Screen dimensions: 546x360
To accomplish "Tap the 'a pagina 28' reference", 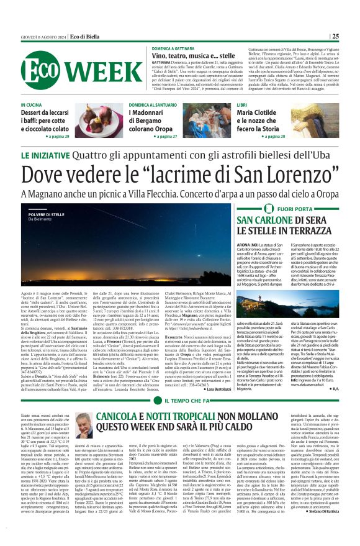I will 272,135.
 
